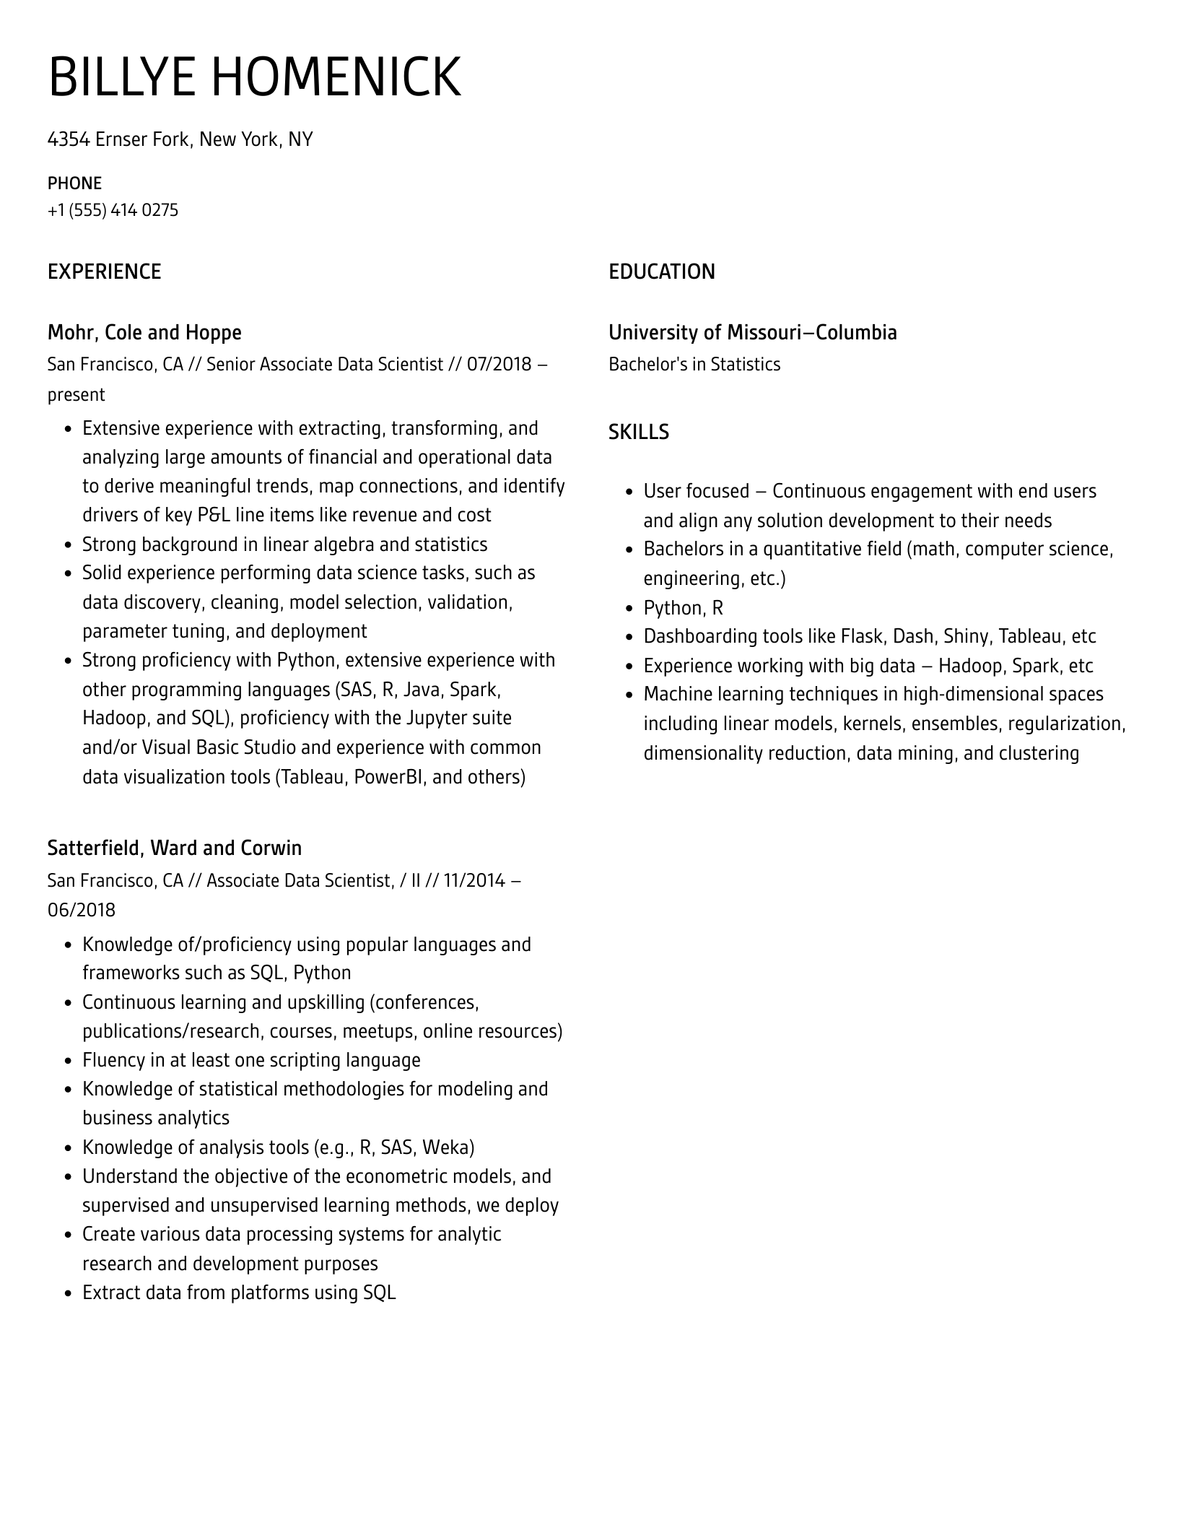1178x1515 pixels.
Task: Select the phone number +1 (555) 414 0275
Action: pyautogui.click(x=113, y=210)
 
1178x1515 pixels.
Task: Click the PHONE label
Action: pyautogui.click(x=74, y=183)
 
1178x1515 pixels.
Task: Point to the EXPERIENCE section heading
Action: pyautogui.click(x=104, y=272)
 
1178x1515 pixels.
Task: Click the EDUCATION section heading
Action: pyautogui.click(x=661, y=272)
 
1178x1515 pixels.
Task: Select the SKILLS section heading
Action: pyautogui.click(x=638, y=432)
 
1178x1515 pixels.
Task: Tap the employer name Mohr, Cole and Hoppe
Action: pyautogui.click(x=144, y=332)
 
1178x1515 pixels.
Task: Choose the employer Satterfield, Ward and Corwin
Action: pyautogui.click(x=174, y=848)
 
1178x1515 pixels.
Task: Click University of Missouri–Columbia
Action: pyautogui.click(x=752, y=332)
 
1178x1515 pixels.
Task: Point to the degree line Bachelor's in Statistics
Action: pyautogui.click(x=694, y=364)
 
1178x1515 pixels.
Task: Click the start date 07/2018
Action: pyautogui.click(x=499, y=364)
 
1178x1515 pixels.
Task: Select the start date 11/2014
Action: pyautogui.click(x=474, y=880)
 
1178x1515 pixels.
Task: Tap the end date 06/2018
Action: pyautogui.click(x=81, y=910)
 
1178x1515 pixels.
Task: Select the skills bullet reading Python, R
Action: pyautogui.click(x=683, y=608)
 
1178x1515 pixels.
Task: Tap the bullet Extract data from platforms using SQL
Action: pyautogui.click(x=239, y=1293)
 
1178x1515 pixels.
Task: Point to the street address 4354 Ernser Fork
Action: pyautogui.click(x=118, y=139)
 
